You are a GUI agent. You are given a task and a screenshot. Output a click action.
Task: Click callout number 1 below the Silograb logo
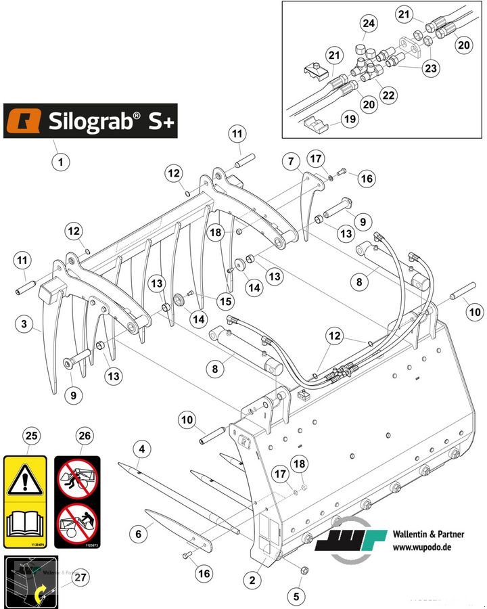tap(61, 162)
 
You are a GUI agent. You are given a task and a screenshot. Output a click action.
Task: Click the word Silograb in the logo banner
tap(93, 121)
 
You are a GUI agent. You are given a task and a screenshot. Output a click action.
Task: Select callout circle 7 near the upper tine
tap(291, 162)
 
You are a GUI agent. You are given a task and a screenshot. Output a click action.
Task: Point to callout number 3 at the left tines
tap(24, 325)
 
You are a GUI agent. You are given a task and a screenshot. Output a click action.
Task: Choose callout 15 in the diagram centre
tap(225, 300)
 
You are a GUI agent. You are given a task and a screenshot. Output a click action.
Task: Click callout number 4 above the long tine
tap(141, 448)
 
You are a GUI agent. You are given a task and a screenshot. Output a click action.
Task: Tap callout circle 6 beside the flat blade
tap(139, 534)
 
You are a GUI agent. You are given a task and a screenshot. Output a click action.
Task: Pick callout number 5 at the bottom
tap(294, 597)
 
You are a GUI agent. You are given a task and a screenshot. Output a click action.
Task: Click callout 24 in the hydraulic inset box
tap(368, 24)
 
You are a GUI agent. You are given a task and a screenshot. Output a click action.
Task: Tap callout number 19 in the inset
tap(349, 120)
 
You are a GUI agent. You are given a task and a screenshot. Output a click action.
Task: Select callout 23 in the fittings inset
tap(431, 68)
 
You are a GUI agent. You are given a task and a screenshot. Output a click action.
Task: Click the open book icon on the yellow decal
tap(26, 524)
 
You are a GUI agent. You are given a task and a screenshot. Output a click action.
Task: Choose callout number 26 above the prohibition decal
tap(83, 436)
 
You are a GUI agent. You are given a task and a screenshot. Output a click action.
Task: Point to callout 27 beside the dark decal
tap(80, 577)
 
